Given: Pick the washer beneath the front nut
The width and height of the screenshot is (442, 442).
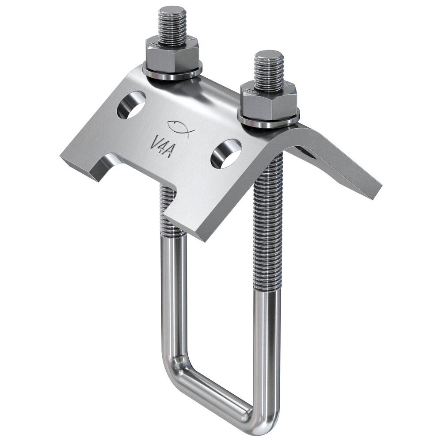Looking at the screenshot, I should (268, 122).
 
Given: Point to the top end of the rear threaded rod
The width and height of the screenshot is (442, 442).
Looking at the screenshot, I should (172, 10).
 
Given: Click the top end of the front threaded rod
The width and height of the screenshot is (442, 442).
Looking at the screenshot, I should (269, 55).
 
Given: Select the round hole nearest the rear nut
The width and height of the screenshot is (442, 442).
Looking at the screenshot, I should (131, 104).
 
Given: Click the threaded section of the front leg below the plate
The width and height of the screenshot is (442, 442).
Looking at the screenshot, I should (268, 221).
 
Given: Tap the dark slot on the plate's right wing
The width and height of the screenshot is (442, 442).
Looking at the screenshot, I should (305, 152).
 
